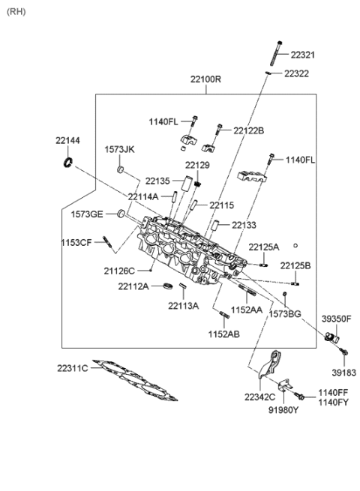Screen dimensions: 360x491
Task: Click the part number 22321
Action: point(302,55)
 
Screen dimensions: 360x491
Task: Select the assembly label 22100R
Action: point(205,79)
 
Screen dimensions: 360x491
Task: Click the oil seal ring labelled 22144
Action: point(68,162)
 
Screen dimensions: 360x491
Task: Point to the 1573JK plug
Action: point(121,169)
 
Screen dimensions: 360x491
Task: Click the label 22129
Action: point(197,166)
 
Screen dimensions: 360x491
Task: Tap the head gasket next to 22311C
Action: point(136,380)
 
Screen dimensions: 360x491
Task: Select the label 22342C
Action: point(259,397)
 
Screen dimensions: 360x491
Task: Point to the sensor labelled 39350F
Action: point(331,337)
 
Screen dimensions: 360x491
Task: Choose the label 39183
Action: point(344,373)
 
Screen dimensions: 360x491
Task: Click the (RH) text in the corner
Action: point(16,12)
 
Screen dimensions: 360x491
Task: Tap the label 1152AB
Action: point(223,334)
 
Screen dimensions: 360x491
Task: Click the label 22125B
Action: point(295,266)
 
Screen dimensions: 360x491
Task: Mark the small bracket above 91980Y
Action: point(286,385)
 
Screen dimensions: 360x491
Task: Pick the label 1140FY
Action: point(333,403)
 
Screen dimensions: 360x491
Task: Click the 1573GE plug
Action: point(121,214)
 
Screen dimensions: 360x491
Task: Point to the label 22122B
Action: point(248,130)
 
